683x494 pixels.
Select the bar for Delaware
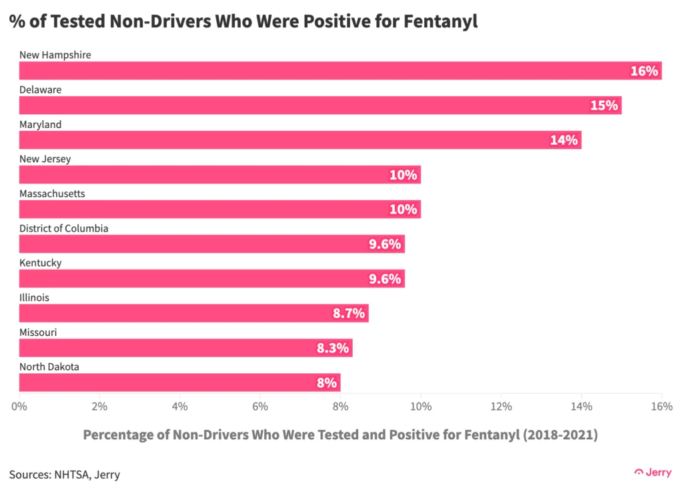[x=320, y=105]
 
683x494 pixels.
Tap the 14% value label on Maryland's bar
[x=564, y=140]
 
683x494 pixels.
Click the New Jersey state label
[x=45, y=159]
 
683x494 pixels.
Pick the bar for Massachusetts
[x=220, y=210]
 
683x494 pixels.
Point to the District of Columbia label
[x=63, y=228]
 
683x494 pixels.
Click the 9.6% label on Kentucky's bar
[x=385, y=279]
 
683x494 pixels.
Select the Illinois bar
[x=193, y=314]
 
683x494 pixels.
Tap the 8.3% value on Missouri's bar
[x=333, y=348]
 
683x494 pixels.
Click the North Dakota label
[x=49, y=367]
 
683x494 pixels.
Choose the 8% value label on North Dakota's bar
[x=326, y=383]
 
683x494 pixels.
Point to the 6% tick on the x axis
[x=260, y=406]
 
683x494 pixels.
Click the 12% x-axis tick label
[x=501, y=406]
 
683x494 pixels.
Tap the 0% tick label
[x=19, y=406]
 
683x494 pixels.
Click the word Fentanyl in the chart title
[x=443, y=22]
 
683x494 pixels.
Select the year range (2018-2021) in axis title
[x=560, y=435]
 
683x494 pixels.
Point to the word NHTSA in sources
[x=73, y=475]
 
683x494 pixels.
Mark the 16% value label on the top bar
[x=644, y=71]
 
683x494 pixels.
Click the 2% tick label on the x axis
[x=99, y=406]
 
